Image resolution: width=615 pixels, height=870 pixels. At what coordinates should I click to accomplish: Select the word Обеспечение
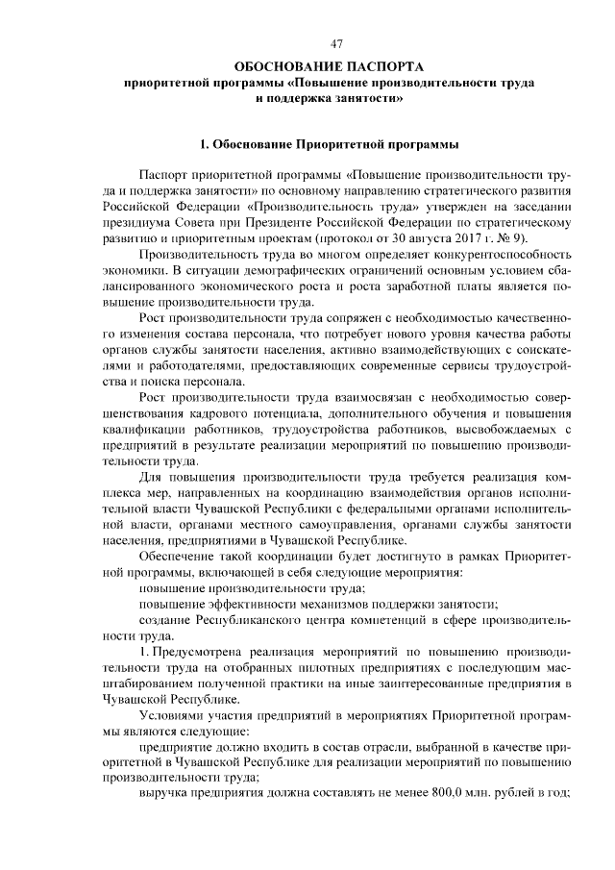pyautogui.click(x=179, y=556)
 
